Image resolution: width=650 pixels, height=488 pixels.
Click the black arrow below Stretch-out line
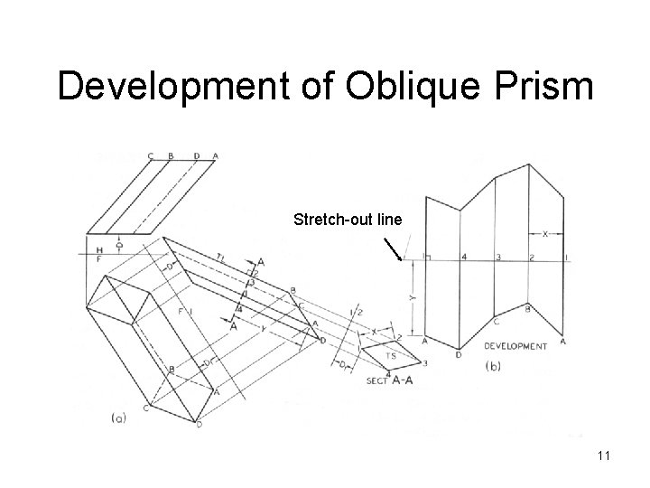click(395, 249)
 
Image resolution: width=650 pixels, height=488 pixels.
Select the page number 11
click(603, 455)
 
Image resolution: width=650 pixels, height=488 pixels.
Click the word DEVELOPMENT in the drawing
click(515, 345)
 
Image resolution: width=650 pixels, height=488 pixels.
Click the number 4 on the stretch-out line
click(464, 258)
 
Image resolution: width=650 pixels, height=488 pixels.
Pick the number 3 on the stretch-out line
click(498, 258)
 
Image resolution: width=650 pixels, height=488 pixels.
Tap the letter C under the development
click(496, 322)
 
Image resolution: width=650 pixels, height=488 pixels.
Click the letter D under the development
click(459, 355)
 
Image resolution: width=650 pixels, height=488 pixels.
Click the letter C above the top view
click(150, 155)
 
